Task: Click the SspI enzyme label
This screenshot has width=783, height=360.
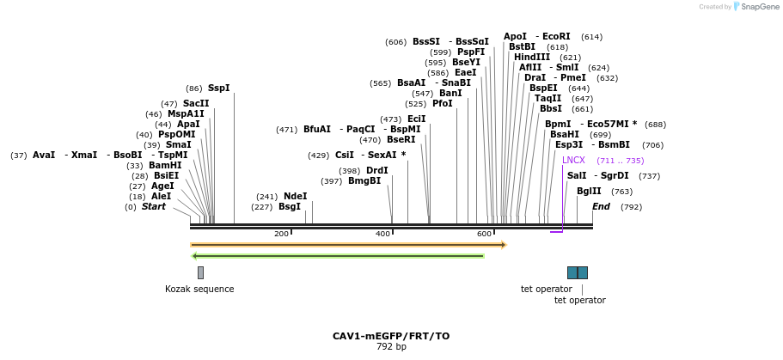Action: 218,88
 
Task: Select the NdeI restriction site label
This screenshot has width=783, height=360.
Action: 295,196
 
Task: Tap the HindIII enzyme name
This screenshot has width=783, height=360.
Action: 532,58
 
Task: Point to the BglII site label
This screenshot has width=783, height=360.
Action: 589,192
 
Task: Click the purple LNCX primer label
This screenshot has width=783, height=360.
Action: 573,161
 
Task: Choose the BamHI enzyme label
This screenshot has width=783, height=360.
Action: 165,165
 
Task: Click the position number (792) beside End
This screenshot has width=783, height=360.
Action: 631,207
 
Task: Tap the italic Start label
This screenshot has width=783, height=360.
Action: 153,207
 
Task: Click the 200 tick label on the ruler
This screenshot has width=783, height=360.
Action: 282,234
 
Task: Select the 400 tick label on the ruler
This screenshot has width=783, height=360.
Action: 383,234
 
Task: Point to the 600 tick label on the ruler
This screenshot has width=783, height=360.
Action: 485,234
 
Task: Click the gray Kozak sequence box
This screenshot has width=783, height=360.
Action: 201,272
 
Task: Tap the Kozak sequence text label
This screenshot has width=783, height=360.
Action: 199,289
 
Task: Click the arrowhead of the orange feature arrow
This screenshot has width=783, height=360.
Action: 505,245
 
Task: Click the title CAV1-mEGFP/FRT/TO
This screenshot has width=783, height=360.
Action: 391,336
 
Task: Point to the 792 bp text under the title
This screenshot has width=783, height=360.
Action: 391,346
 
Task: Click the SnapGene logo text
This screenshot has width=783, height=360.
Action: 760,7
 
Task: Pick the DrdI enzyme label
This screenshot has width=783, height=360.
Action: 377,171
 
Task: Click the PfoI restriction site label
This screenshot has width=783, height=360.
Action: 443,103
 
